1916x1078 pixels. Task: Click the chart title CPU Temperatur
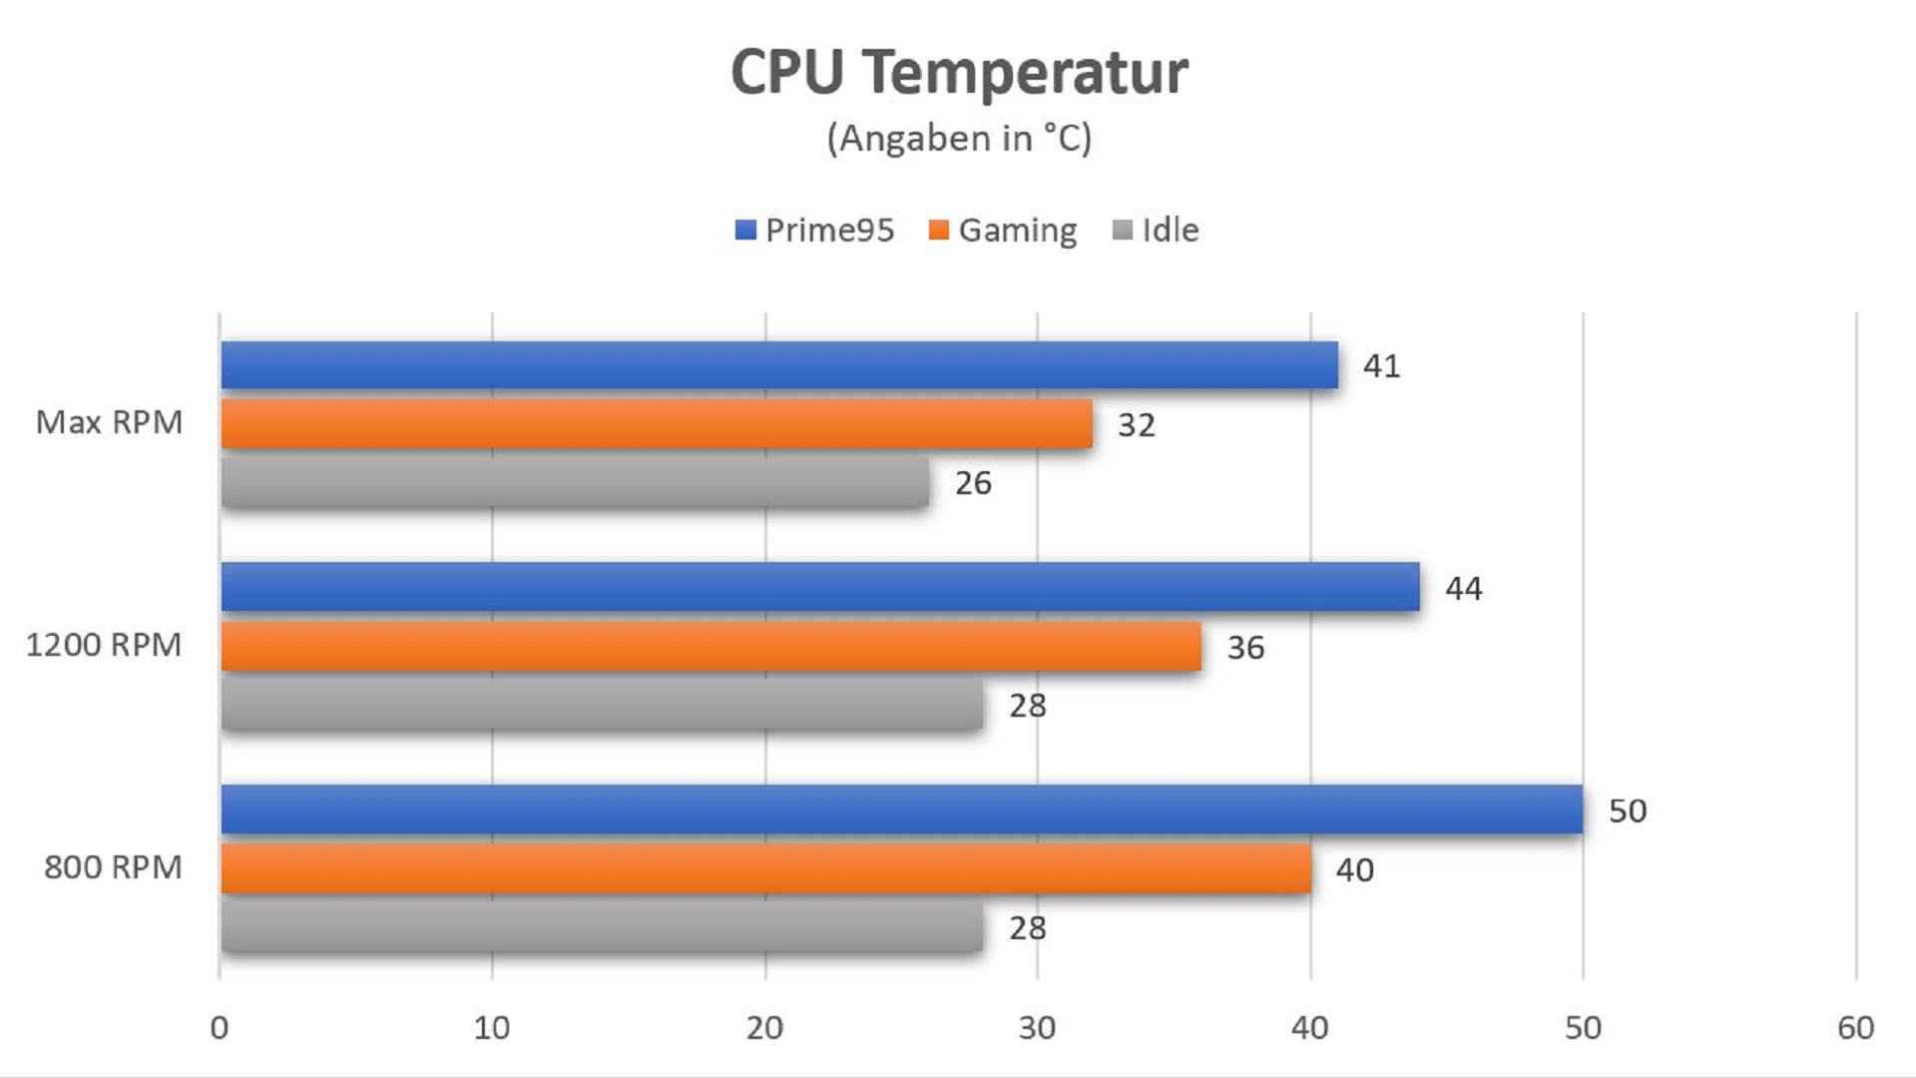coord(959,72)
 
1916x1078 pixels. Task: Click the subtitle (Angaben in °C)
coord(959,138)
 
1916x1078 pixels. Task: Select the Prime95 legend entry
coord(815,231)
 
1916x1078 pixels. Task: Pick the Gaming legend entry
coord(1003,231)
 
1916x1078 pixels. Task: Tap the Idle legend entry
coord(1156,231)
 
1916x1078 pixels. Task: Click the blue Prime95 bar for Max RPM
coord(778,365)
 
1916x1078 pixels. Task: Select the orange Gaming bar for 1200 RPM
coord(711,647)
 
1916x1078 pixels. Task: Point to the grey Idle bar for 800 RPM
coord(601,927)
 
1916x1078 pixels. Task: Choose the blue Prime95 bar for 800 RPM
coord(901,809)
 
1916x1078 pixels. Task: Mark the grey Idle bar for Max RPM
coord(574,483)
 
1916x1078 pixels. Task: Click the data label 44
coord(1464,589)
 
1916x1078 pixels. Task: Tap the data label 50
coord(1628,810)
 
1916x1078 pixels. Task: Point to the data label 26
coord(973,483)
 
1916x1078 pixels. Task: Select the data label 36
coord(1245,648)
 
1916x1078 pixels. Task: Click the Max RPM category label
coord(110,422)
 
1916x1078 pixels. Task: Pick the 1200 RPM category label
coord(104,645)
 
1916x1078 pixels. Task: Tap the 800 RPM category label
coord(113,867)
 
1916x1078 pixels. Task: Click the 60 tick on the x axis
coord(1855,1028)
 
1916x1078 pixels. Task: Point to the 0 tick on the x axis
coord(220,1028)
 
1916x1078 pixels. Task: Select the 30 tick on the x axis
coord(1037,1028)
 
